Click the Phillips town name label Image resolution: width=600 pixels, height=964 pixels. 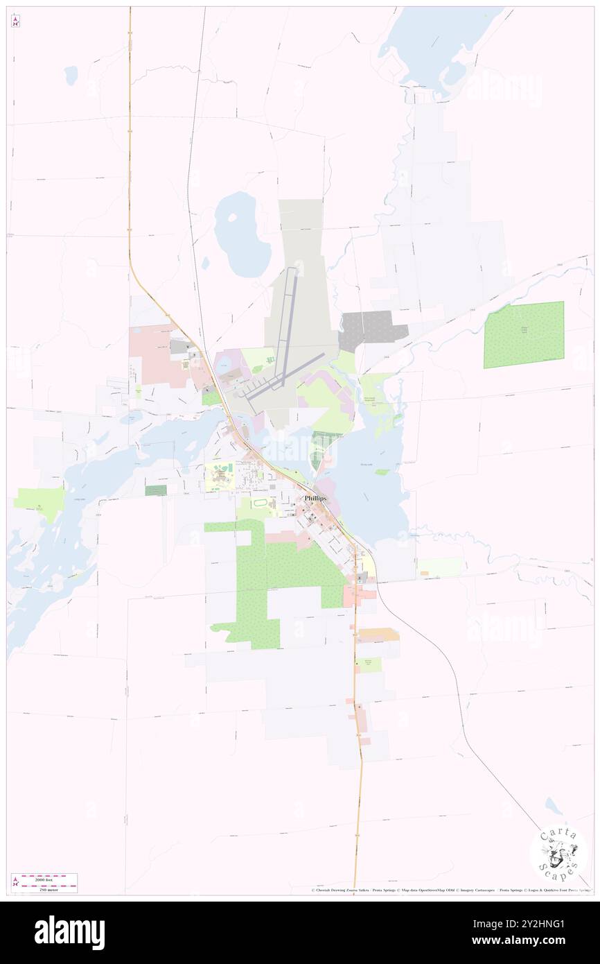coord(315,498)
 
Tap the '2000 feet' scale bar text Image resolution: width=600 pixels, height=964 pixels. coord(49,877)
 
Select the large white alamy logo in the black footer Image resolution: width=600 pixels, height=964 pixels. coord(69,933)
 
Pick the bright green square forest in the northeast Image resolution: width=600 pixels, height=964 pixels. coord(524,334)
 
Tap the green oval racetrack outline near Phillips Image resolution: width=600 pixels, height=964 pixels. coord(261,503)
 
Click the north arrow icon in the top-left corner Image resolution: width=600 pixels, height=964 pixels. coord(15,21)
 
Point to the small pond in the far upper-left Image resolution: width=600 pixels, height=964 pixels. coord(71,75)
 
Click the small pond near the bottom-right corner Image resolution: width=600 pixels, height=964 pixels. coord(554,806)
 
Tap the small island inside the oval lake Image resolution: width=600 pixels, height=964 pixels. coord(206,263)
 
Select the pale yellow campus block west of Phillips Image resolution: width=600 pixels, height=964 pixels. coord(221,477)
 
